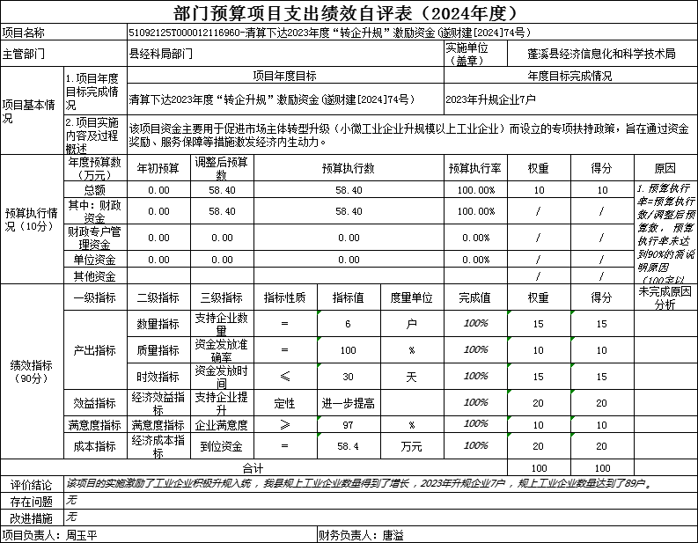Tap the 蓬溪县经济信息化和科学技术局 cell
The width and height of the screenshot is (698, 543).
coord(602,54)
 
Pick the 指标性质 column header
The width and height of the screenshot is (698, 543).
coord(285,297)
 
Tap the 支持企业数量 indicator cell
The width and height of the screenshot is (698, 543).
coord(222,324)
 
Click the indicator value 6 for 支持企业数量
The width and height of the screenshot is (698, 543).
coord(349,324)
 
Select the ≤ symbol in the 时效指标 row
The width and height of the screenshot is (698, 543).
coord(285,377)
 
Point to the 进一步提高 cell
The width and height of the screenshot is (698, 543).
coord(349,403)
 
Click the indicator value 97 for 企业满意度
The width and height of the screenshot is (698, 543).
coord(349,425)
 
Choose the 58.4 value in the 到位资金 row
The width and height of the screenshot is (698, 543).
coord(349,446)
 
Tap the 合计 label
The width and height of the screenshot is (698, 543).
coord(253,467)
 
